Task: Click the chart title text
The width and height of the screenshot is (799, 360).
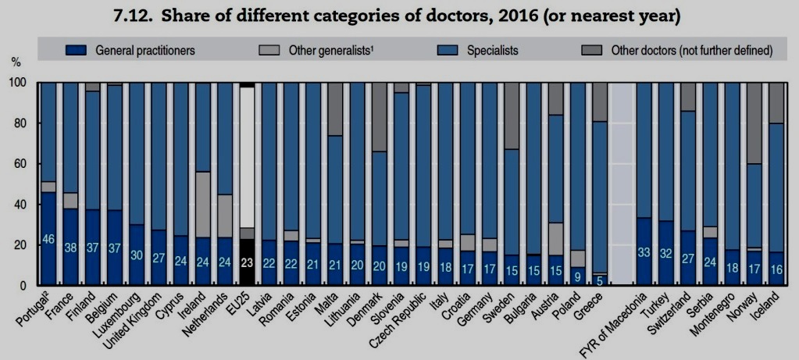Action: click(x=399, y=15)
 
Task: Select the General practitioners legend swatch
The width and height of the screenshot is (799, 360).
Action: click(x=77, y=51)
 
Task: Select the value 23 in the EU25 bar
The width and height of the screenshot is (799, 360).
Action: click(x=246, y=263)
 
